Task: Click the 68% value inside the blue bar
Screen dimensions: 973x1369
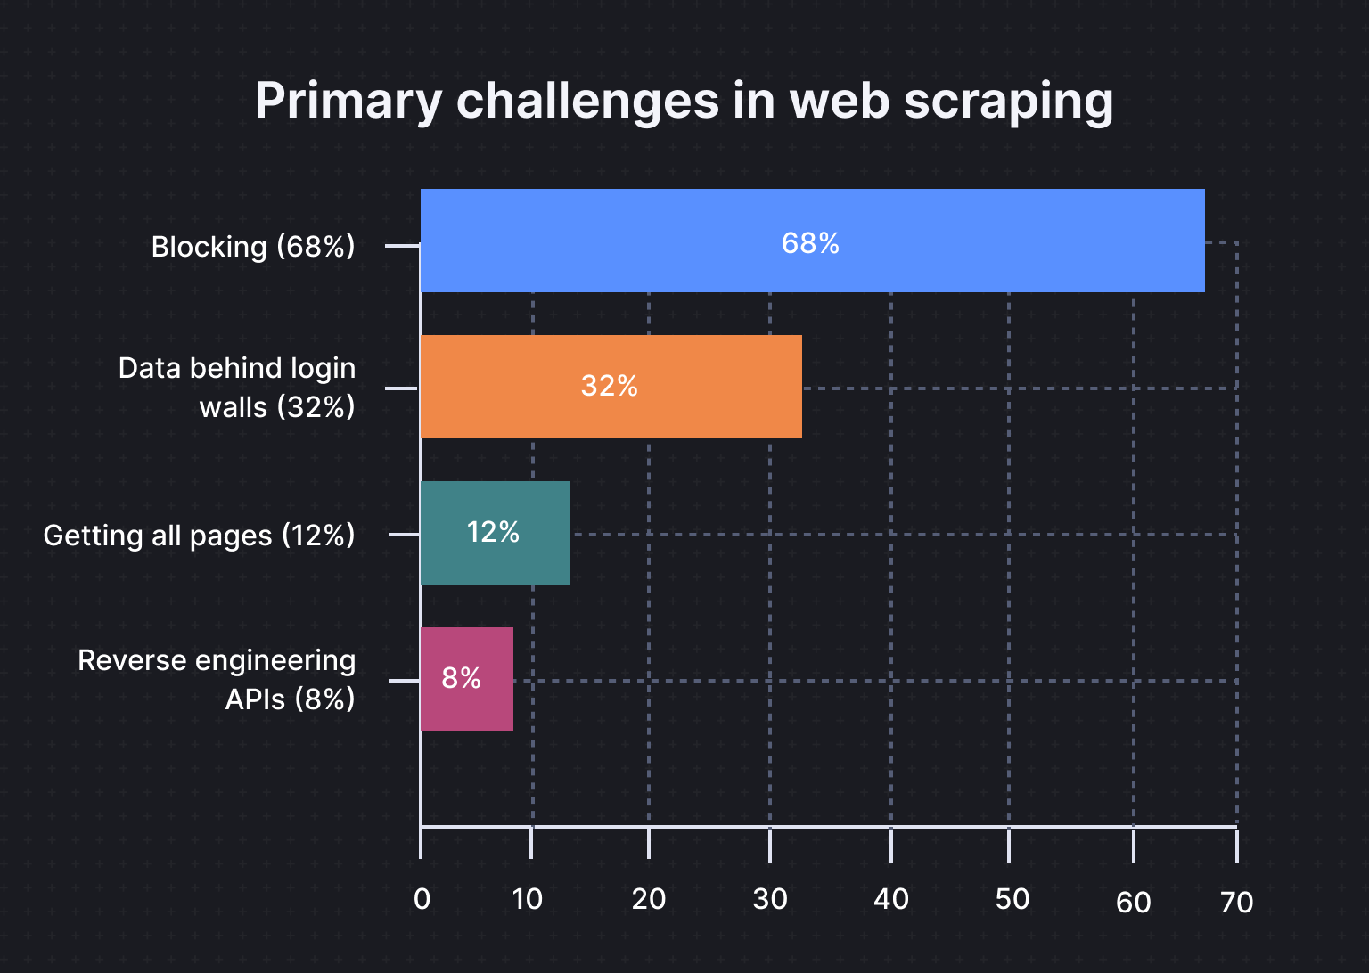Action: tap(810, 243)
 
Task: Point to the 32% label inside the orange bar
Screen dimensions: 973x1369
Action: tap(609, 386)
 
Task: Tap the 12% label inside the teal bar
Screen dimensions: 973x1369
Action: tap(493, 532)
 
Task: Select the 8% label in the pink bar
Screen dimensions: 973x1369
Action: tap(461, 678)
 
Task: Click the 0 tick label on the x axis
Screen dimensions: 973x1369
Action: tap(422, 899)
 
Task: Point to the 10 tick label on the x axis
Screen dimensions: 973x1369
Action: tap(528, 899)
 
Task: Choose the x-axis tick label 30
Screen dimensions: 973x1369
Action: tap(769, 899)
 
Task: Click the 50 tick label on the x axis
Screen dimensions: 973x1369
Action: tap(1012, 899)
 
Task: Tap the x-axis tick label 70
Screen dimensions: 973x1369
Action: tap(1236, 903)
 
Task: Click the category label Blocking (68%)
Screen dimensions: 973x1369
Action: tap(253, 247)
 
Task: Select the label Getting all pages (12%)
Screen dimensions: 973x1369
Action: tap(199, 536)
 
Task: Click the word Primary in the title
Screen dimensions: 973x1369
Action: tap(348, 101)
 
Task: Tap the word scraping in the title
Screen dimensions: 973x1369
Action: tap(1008, 101)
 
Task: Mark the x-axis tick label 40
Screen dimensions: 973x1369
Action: tap(890, 899)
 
